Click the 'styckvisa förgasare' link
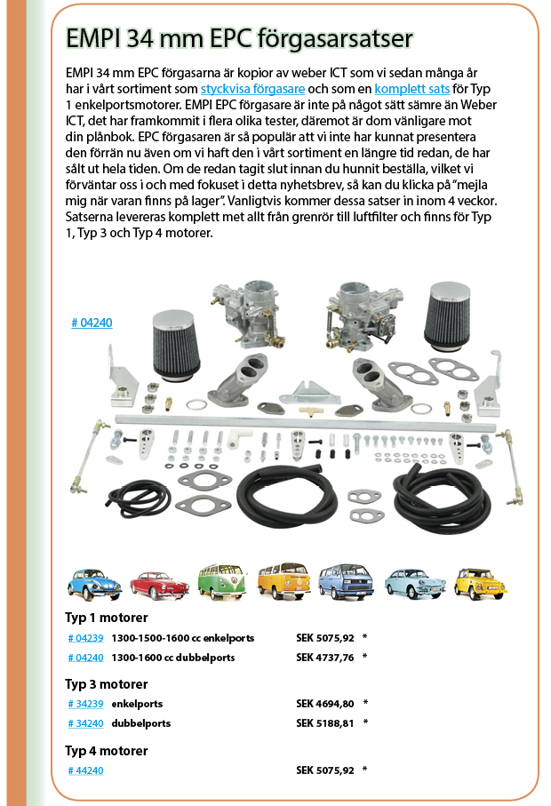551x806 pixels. pyautogui.click(x=252, y=89)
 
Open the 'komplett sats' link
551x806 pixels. pyautogui.click(x=412, y=89)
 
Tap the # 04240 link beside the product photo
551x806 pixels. pyautogui.click(x=92, y=323)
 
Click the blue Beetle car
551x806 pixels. pyautogui.click(x=94, y=585)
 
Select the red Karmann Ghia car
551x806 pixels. pyautogui.click(x=159, y=586)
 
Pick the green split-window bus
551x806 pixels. pyautogui.click(x=222, y=581)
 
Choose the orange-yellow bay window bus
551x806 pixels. pyautogui.click(x=284, y=581)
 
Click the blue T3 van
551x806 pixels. pyautogui.click(x=346, y=581)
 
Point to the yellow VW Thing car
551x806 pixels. pyautogui.click(x=480, y=584)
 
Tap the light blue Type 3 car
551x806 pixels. pyautogui.click(x=415, y=584)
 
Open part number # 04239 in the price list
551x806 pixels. pyautogui.click(x=86, y=638)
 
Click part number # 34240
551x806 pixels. pyautogui.click(x=86, y=723)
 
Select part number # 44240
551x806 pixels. pyautogui.click(x=86, y=770)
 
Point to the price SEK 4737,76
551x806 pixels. pyautogui.click(x=325, y=658)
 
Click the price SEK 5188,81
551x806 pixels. pyautogui.click(x=325, y=723)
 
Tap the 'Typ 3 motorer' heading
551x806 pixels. pyautogui.click(x=107, y=684)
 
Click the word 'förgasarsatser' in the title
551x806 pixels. pyautogui.click(x=335, y=39)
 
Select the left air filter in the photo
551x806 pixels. pyautogui.click(x=176, y=346)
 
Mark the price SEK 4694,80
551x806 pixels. pyautogui.click(x=325, y=704)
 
